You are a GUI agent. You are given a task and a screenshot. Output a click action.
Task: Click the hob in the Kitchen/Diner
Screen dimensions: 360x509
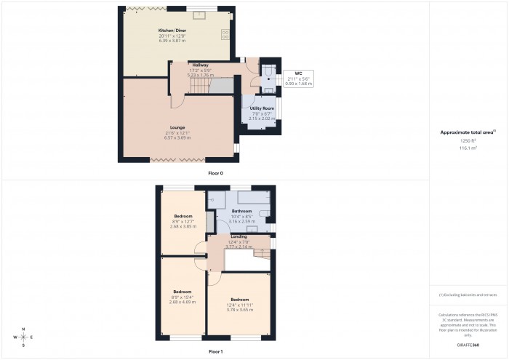pos(225,33)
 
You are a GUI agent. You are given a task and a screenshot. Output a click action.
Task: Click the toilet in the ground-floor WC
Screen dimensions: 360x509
pos(268,71)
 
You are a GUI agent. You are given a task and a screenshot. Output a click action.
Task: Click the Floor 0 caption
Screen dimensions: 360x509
pos(215,173)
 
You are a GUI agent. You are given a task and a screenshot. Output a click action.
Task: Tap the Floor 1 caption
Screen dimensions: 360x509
pos(215,351)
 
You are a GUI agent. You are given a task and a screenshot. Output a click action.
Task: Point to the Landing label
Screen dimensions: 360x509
pos(239,237)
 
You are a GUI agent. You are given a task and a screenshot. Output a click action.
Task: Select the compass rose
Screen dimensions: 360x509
pos(24,337)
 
